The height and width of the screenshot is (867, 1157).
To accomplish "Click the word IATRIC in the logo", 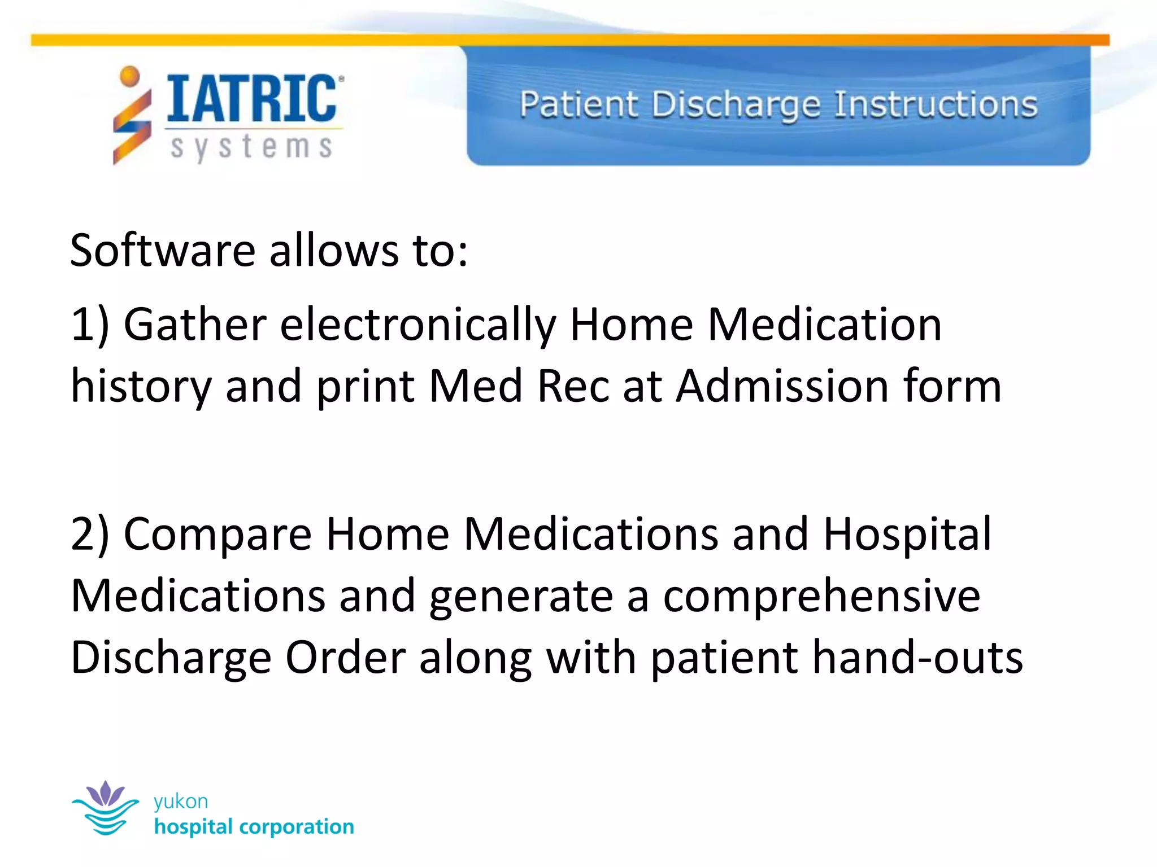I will click(x=252, y=99).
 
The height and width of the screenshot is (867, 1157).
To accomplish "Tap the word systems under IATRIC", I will click(x=252, y=148).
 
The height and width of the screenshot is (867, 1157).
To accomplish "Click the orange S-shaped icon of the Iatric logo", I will click(x=132, y=121).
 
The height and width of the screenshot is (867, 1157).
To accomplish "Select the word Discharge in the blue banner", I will click(x=735, y=106).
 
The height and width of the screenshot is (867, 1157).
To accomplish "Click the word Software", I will click(x=163, y=250).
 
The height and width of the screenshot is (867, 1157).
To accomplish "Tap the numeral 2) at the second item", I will click(x=89, y=534).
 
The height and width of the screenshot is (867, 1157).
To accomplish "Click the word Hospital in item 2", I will click(x=907, y=534).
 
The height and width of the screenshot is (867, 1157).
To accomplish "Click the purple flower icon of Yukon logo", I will click(x=106, y=794).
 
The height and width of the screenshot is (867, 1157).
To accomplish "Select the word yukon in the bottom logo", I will click(x=181, y=802).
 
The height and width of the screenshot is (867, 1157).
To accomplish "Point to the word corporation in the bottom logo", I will click(x=297, y=827).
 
